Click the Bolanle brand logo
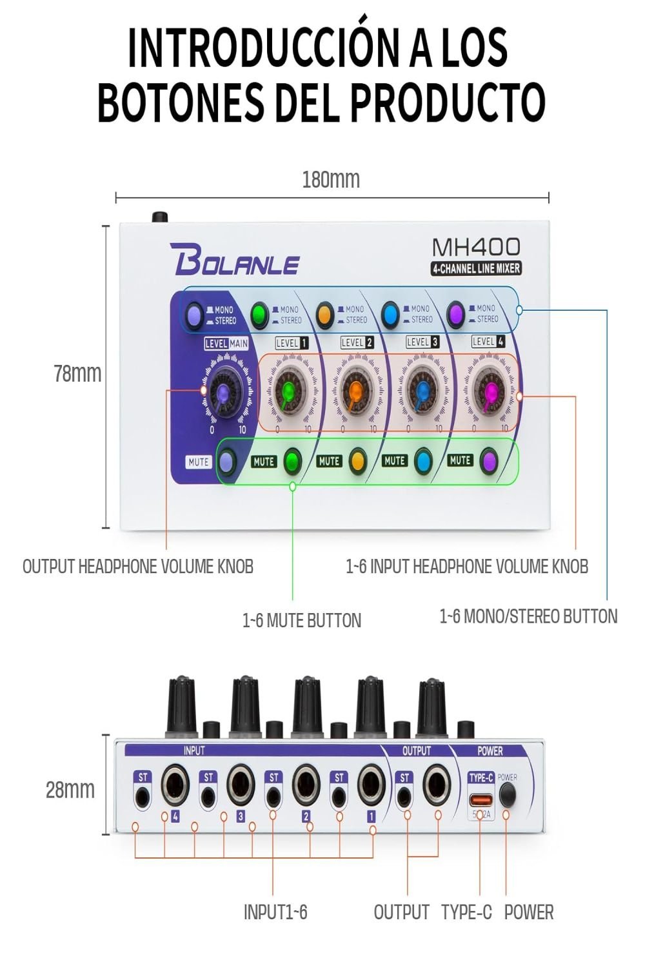tap(235, 260)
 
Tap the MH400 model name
tap(476, 247)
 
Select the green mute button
tap(292, 461)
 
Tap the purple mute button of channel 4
tap(489, 460)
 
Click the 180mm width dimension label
tap(331, 179)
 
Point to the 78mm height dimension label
tap(77, 373)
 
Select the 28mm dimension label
tap(70, 790)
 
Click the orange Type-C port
tap(481, 799)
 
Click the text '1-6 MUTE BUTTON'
tap(302, 621)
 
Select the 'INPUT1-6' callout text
tap(275, 912)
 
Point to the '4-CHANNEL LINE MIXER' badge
tap(476, 269)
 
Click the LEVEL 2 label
tap(357, 342)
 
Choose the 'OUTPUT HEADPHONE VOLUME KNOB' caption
tap(138, 567)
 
